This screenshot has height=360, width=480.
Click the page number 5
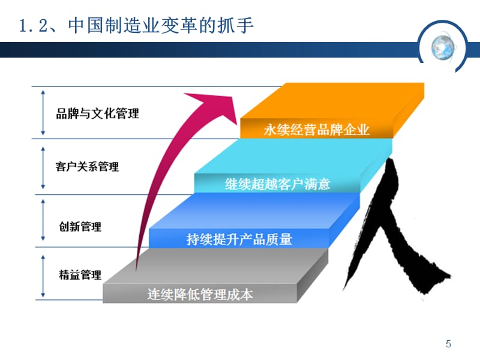tap(448, 344)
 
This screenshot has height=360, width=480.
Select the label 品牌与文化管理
tap(97, 113)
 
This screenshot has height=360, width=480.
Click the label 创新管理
tap(80, 226)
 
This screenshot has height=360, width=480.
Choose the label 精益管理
tap(80, 275)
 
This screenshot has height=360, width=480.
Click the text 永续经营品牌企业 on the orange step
tap(317, 130)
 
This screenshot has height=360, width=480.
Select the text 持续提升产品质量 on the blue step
tap(239, 240)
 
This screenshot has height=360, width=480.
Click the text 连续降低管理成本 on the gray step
tap(200, 295)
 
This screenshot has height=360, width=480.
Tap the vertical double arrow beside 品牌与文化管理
tap(42, 112)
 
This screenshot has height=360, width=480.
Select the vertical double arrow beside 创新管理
tap(42, 221)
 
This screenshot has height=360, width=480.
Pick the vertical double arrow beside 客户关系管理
tap(42, 166)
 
